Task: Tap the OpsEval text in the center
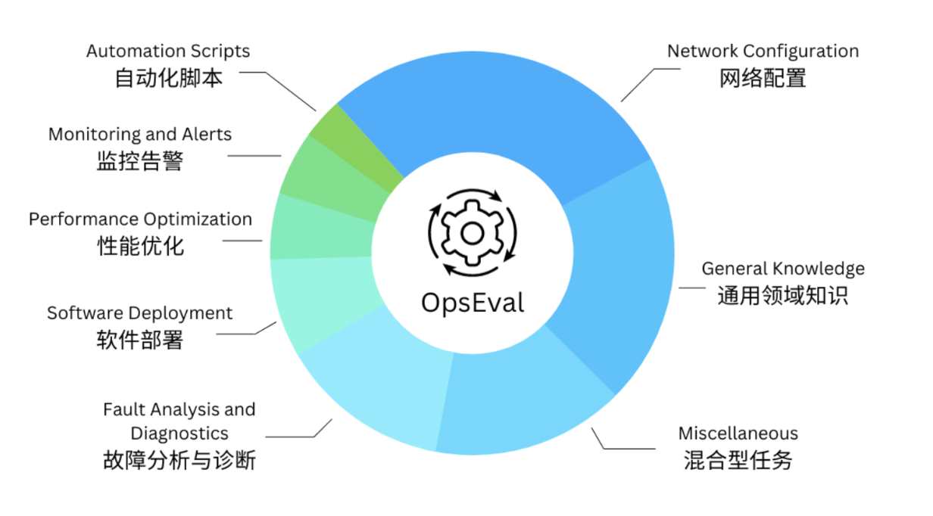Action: (472, 302)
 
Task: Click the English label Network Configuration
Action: (763, 51)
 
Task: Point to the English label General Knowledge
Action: (782, 268)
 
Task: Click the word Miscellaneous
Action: (738, 434)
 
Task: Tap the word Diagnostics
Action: (179, 434)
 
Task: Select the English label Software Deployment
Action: (139, 312)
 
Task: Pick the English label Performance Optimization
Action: (140, 219)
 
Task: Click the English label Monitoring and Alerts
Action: (139, 134)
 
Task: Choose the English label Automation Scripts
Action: (167, 51)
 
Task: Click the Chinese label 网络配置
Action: (763, 78)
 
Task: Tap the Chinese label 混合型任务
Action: (738, 460)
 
